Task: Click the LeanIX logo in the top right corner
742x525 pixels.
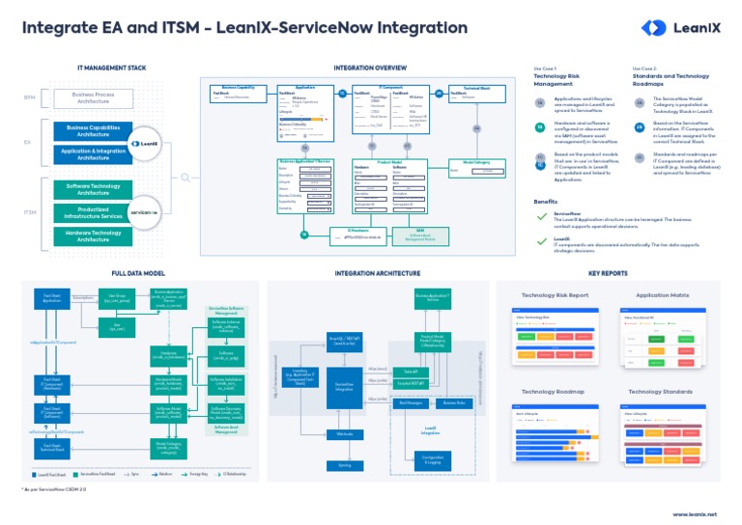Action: pos(681,29)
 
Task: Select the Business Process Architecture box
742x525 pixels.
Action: pos(93,97)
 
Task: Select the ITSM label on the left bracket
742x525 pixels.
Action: pos(30,211)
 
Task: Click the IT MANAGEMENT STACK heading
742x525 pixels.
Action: pos(111,69)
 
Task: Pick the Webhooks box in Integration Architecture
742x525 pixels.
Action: pos(344,434)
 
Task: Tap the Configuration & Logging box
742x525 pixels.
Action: pos(432,458)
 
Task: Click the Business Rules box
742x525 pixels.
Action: pos(452,401)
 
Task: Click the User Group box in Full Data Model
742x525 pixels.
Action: pos(116,298)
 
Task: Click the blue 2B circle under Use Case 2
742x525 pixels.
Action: pos(639,128)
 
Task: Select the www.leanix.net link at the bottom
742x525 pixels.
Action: pos(693,514)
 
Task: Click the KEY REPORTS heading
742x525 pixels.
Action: pos(608,274)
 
